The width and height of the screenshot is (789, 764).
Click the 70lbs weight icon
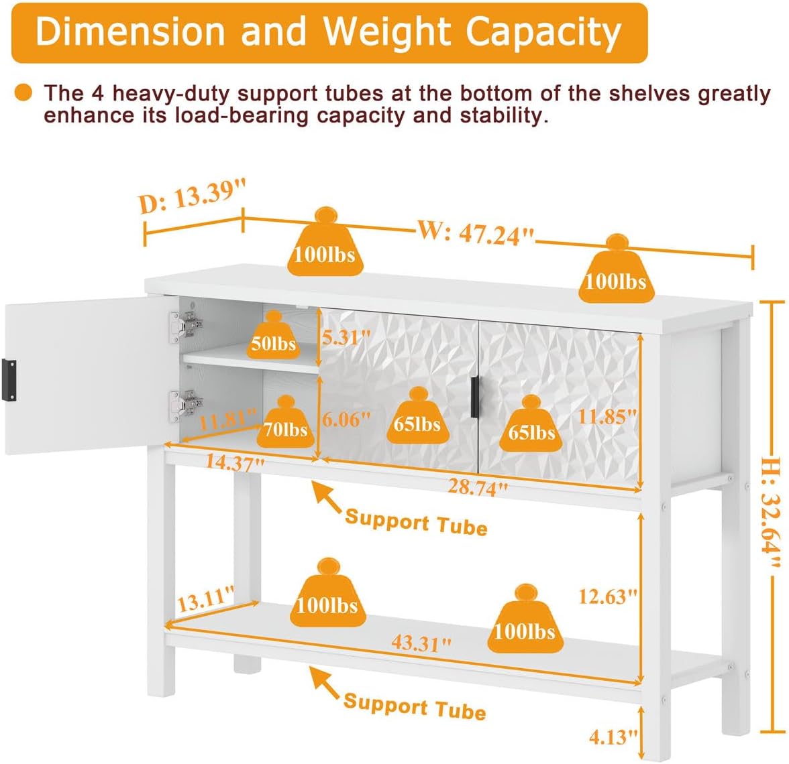pos(285,422)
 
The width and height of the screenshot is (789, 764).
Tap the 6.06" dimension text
pos(346,419)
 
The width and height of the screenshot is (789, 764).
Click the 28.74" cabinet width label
pos(478,487)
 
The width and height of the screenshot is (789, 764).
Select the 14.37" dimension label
pos(235,462)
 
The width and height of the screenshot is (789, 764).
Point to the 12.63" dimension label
pos(608,596)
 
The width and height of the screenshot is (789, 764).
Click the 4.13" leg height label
pos(613,737)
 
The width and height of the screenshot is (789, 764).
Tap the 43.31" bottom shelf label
pos(421,642)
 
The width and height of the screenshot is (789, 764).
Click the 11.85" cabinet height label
pos(607,417)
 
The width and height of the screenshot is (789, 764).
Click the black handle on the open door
pos(9,380)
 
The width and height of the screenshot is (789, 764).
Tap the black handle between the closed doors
pos(474,397)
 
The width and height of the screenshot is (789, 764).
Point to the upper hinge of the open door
pos(186,326)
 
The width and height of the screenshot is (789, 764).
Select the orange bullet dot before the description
pos(23,93)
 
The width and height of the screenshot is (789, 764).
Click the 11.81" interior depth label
pos(228,421)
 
